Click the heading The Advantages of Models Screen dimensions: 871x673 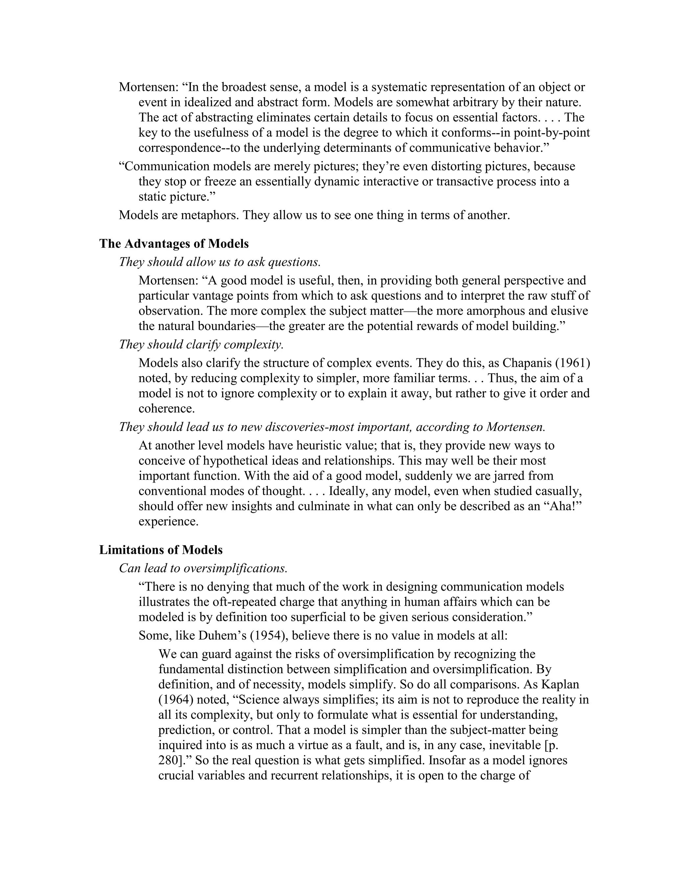point(174,243)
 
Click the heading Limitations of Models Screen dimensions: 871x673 point(161,550)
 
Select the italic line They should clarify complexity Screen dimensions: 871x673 point(201,344)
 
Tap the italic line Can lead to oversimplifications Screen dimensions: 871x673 point(203,568)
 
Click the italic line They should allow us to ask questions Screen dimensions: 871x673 point(220,262)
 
